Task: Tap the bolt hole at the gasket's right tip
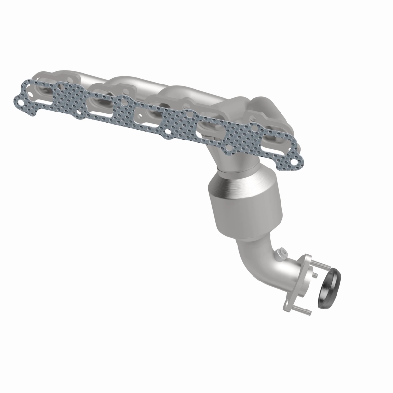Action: click(293, 160)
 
